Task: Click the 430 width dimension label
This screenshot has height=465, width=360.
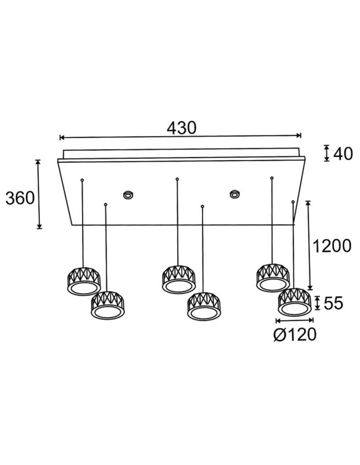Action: tap(181, 128)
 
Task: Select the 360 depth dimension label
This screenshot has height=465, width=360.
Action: tap(20, 198)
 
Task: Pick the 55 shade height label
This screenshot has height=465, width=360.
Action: tap(334, 304)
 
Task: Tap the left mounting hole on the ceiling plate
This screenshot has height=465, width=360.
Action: tap(127, 194)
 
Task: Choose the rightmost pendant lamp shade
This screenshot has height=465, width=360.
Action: tap(294, 302)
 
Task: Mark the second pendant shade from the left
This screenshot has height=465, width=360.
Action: tap(107, 304)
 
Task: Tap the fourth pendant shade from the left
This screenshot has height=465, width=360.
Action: tap(203, 305)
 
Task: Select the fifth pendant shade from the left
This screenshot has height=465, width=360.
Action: tap(273, 278)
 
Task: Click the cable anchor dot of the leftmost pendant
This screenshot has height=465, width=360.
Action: tap(82, 179)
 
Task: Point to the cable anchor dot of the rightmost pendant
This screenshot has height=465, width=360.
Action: tap(293, 203)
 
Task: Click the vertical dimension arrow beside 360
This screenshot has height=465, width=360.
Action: tap(39, 194)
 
